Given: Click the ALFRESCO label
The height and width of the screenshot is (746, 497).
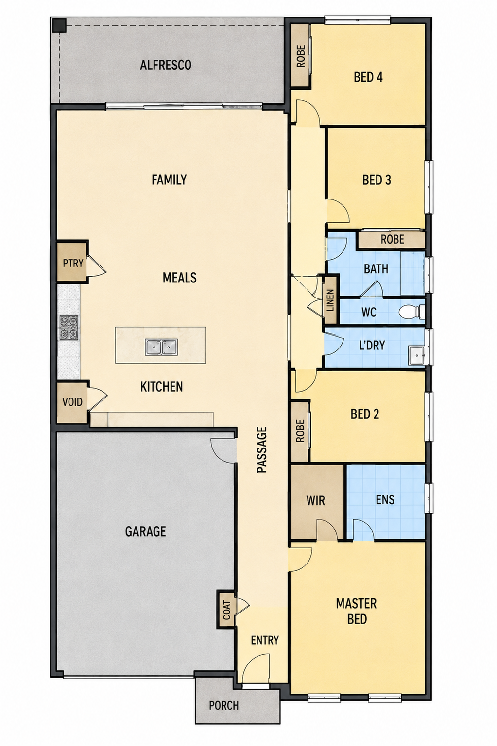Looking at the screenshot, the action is coord(166,65).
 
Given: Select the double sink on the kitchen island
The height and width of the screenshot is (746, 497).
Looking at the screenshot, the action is coord(161,347).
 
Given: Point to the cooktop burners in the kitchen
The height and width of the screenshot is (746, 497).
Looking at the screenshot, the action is coord(69,328).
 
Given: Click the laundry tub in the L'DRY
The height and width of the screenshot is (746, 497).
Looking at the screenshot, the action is coord(417,356).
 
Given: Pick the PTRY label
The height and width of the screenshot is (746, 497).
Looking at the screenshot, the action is coord(73,263).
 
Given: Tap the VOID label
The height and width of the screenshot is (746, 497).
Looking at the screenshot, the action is coord(72,402).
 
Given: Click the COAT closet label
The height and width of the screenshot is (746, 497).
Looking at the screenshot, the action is coord(227,610).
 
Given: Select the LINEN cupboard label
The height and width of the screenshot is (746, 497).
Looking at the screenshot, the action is coord(330,300).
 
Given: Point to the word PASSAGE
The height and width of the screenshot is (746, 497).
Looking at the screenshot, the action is coord(262,450).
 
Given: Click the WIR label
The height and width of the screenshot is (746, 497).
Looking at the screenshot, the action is coord(315,500).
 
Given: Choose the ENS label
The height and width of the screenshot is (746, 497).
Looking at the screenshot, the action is coord(385,499).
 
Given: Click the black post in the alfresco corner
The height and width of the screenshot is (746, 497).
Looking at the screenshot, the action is coord(60,25).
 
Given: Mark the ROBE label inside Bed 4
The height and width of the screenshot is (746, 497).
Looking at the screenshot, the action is coord(301,56).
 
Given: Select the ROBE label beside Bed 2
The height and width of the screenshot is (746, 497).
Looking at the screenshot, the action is coord(300,431).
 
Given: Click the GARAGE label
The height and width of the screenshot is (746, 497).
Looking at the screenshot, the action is coord(145,531).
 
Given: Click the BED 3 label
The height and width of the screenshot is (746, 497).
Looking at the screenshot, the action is coord(377,180).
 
